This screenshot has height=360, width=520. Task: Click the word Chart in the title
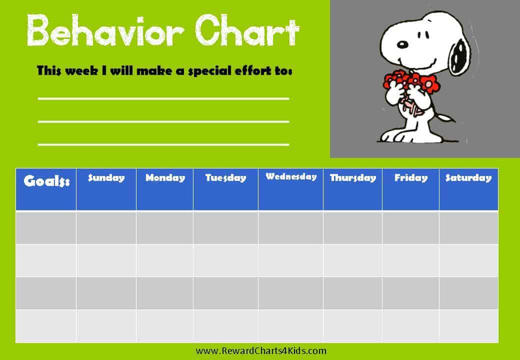pyautogui.click(x=247, y=30)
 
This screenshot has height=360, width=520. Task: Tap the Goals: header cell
pyautogui.click(x=46, y=189)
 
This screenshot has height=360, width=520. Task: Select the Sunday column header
pyautogui.click(x=106, y=189)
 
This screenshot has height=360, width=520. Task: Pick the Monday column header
pyautogui.click(x=165, y=189)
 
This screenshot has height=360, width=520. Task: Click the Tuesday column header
pyautogui.click(x=225, y=189)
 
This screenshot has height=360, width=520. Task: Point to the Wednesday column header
pyautogui.click(x=290, y=189)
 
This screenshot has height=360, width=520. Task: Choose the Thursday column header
pyautogui.click(x=352, y=189)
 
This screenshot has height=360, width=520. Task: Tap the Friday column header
pyautogui.click(x=410, y=189)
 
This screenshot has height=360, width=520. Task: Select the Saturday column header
pyautogui.click(x=468, y=189)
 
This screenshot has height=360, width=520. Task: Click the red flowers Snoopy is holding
pyautogui.click(x=411, y=81)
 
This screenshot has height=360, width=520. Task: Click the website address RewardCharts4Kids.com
pyautogui.click(x=261, y=350)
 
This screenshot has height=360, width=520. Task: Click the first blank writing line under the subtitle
pyautogui.click(x=163, y=99)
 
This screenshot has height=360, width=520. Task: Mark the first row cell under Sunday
pyautogui.click(x=106, y=227)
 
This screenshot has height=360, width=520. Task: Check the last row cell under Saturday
pyautogui.click(x=468, y=326)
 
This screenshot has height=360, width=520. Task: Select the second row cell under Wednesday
pyautogui.click(x=290, y=260)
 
